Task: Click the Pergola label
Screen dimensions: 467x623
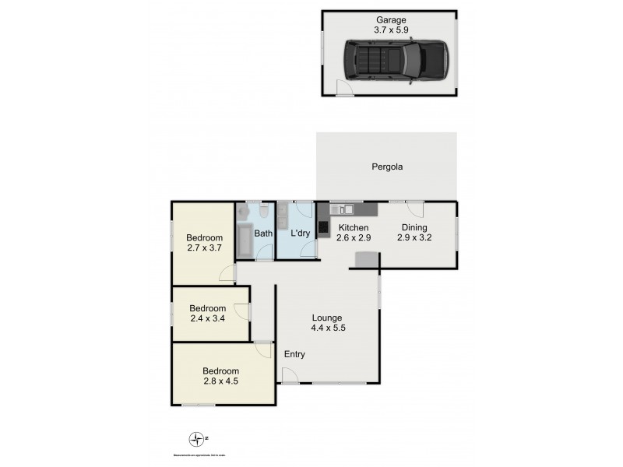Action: coord(386,166)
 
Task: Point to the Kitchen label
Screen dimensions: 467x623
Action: coord(353,228)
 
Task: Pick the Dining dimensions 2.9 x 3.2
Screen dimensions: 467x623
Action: coord(414,238)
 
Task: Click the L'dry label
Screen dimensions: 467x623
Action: coord(301,233)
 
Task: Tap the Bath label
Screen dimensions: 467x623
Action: coord(263,233)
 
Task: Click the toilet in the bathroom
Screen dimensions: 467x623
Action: coord(265,211)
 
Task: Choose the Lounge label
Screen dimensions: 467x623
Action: coord(327,318)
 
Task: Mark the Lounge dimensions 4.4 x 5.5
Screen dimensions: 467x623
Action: coord(327,328)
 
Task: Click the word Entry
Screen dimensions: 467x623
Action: coord(294,355)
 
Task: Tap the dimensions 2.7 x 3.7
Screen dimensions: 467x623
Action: coord(205,248)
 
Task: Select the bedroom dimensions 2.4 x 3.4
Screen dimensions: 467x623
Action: coord(208,318)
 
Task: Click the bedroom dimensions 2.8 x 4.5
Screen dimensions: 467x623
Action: coord(221,381)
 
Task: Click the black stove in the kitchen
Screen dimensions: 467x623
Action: coord(322,227)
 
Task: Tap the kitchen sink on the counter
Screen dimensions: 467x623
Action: coord(345,209)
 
